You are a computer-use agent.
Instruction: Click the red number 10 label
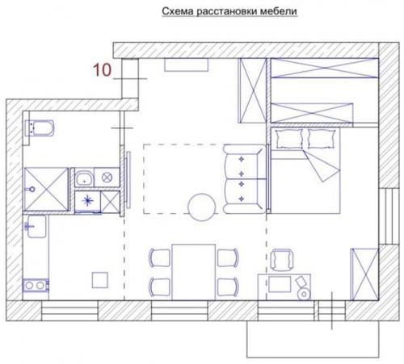point(102,70)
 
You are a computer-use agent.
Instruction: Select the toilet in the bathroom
point(40,128)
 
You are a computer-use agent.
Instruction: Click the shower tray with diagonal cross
point(46,189)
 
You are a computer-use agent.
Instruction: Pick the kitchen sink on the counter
point(36,226)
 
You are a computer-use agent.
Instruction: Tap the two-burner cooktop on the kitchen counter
point(36,286)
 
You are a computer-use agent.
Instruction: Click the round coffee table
point(202,207)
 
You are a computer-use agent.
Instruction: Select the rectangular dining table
point(194,272)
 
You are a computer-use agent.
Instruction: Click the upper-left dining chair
point(160,258)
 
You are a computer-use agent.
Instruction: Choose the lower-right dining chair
point(228,287)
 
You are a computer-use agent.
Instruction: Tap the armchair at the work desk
point(282,260)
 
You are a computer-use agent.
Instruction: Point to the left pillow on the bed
point(289,139)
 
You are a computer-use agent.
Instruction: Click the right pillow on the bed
point(322,139)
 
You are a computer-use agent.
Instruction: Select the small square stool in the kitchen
point(100,280)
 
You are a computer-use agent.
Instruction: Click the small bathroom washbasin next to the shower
point(84,178)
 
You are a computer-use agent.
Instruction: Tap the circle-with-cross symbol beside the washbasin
point(107,178)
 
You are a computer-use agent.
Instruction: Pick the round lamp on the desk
point(305,294)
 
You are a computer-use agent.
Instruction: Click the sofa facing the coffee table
point(244,179)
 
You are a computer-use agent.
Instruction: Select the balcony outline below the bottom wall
point(314,339)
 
